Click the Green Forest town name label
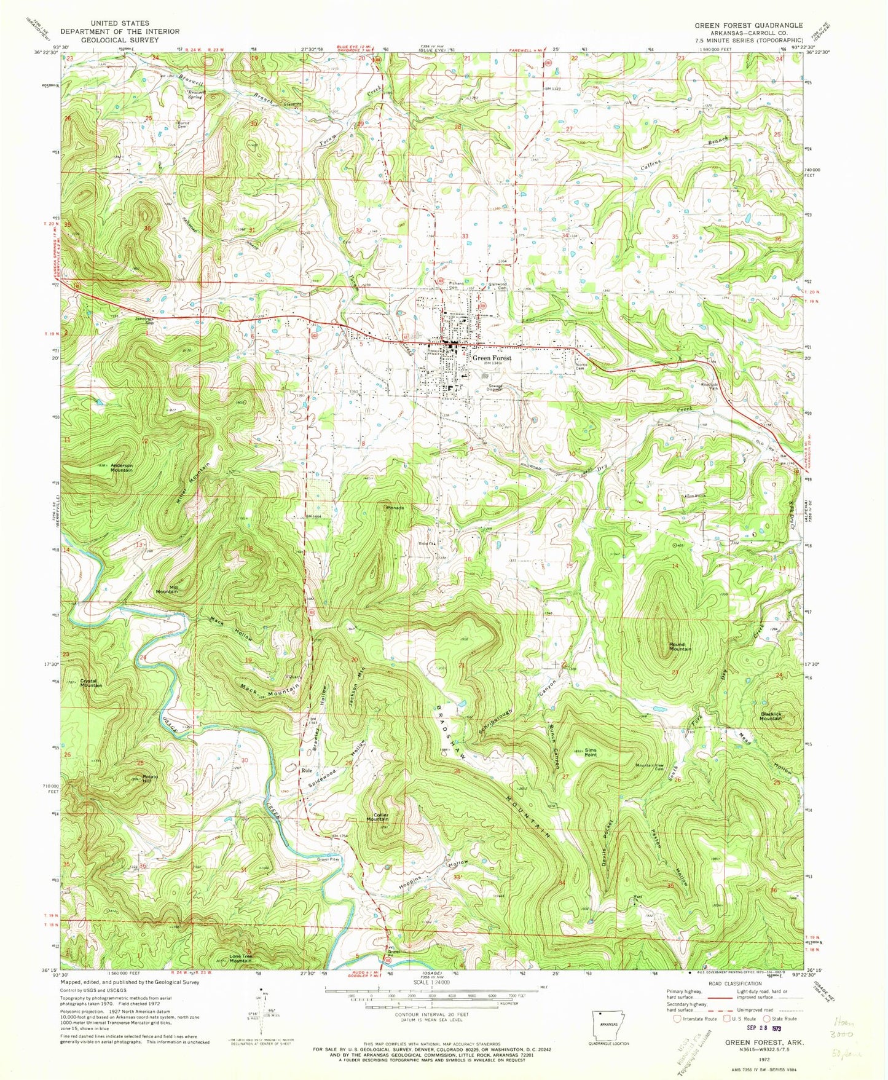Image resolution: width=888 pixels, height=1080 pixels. [492, 358]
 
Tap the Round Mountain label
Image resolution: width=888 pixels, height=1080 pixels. [680, 646]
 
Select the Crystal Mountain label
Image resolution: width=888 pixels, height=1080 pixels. [91, 682]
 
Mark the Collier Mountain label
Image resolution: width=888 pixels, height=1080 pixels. [377, 818]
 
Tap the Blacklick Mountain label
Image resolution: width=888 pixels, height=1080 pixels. [771, 715]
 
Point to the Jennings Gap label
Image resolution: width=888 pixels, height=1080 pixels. [146, 321]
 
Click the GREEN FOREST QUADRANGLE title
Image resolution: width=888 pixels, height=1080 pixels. [748, 25]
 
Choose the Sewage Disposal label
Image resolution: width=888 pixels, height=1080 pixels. [495, 388]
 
